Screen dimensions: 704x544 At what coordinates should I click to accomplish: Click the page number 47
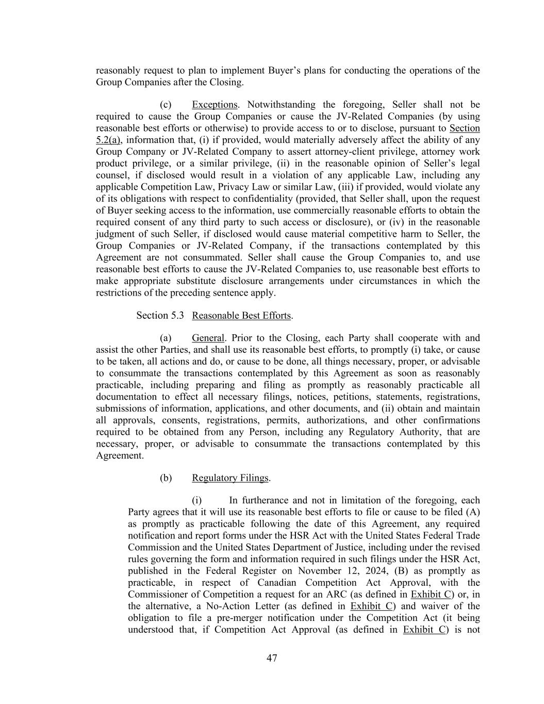(x=272, y=658)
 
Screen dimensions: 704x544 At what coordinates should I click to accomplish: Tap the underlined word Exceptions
(x=215, y=105)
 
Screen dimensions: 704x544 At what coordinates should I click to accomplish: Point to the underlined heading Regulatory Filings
(x=230, y=478)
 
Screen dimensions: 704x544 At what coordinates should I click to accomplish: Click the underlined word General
(x=208, y=338)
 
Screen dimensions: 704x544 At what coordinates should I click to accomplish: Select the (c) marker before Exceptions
(x=166, y=105)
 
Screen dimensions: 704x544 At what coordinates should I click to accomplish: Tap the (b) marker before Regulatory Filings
(x=166, y=478)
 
